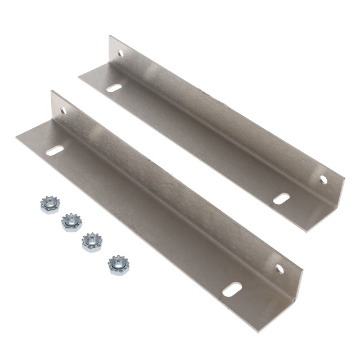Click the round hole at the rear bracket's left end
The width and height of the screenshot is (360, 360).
pos(120,54)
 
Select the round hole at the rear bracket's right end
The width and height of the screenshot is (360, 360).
pos(323,179)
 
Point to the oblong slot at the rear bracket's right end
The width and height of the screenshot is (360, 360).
pos(282,198)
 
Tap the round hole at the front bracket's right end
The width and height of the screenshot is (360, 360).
pos(279,268)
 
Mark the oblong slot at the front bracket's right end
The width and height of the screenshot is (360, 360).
pos(231,291)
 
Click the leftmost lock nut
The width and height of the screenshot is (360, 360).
pos(49,205)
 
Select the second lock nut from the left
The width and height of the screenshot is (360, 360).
pos(70,222)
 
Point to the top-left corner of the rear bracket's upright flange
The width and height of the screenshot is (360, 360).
pos(110,37)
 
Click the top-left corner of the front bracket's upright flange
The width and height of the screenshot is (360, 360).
pos(52,92)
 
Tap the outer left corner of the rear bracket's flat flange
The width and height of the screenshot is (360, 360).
pos(79,77)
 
